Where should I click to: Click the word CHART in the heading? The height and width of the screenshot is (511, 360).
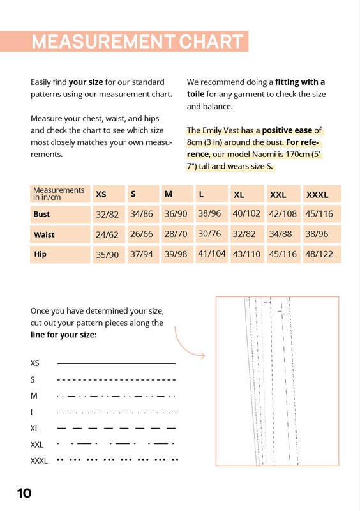211,42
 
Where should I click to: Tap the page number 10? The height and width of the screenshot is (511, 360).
24,493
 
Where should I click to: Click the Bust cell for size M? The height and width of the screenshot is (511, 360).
176,214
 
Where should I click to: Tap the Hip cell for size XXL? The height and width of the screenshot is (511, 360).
283,254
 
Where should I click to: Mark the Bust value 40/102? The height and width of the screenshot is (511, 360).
246,213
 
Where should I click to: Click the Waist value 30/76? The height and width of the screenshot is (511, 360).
209,234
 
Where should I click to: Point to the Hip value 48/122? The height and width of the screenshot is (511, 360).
319,254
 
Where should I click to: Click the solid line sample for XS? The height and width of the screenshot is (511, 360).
116,363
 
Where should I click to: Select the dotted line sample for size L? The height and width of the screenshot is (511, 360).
116,413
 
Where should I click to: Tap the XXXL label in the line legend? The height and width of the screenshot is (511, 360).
39,461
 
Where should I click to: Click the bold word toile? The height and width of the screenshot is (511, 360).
195,94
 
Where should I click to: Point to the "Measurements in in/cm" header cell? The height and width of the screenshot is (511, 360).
59,194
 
